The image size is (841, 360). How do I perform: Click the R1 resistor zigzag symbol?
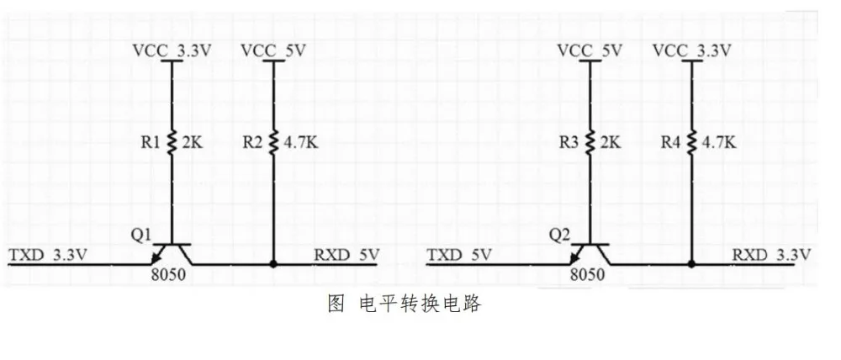tap(172, 144)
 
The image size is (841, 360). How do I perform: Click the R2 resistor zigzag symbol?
tap(274, 144)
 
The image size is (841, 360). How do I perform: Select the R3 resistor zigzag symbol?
tap(590, 144)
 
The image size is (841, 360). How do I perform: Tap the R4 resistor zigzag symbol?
tap(691, 144)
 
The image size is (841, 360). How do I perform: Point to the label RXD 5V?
tap(346, 253)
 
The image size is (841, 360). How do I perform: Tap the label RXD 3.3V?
tap(772, 253)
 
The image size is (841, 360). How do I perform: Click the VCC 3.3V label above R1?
tap(172, 50)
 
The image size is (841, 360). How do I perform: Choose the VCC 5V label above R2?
tap(272, 50)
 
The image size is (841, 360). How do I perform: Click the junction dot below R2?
tap(274, 263)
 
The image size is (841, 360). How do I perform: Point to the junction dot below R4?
tap(691, 263)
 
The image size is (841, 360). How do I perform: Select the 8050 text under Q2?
tap(586, 276)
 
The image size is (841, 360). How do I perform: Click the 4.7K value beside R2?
tap(300, 144)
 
